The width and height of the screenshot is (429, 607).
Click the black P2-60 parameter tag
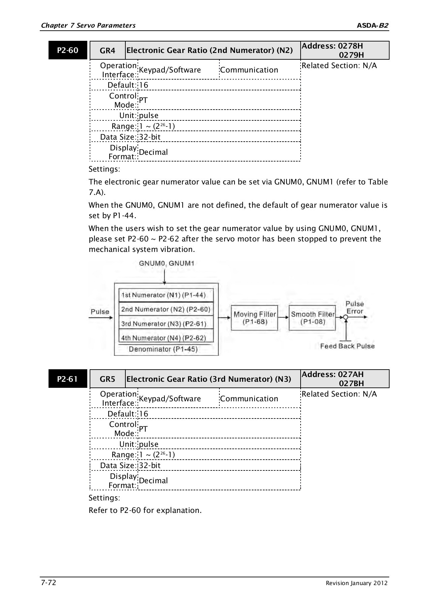pyautogui.click(x=68, y=50)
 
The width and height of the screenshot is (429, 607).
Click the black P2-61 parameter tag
pyautogui.click(x=68, y=379)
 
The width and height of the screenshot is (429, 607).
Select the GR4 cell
pyautogui.click(x=108, y=51)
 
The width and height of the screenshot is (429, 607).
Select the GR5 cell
pyautogui.click(x=108, y=379)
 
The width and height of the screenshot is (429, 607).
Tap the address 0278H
pyautogui.click(x=350, y=46)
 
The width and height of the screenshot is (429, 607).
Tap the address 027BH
pyautogui.click(x=351, y=383)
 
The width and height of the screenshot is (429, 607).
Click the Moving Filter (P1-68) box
pyautogui.click(x=254, y=318)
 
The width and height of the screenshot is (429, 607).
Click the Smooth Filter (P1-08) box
pyautogui.click(x=312, y=318)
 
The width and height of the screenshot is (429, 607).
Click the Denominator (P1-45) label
pyautogui.click(x=163, y=349)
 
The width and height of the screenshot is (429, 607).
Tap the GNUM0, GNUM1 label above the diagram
pyautogui.click(x=166, y=263)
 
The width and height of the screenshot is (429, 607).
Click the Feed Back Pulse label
pyautogui.click(x=347, y=346)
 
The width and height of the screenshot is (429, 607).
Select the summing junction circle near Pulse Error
pyautogui.click(x=345, y=317)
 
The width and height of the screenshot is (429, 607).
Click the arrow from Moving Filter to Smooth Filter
pyautogui.click(x=283, y=317)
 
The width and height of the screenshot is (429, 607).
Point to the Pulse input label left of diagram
pyautogui.click(x=100, y=312)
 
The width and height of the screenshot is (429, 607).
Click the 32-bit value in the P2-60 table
pyautogui.click(x=150, y=137)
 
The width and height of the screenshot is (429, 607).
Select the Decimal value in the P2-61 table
pyautogui.click(x=153, y=481)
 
